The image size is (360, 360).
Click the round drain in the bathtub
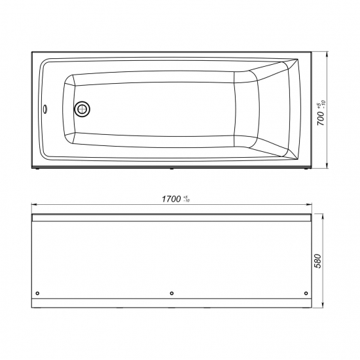[x=82, y=109]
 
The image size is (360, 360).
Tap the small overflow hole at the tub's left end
[x=45, y=109]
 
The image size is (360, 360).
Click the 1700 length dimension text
[x=171, y=199]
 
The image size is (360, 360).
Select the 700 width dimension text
[x=321, y=118]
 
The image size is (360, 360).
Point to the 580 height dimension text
[x=318, y=261]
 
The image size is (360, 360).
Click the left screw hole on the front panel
[x=38, y=293]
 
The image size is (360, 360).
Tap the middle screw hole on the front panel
[x=171, y=293]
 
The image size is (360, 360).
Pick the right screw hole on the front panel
[x=306, y=293]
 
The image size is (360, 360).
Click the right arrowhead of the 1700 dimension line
[x=309, y=204]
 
